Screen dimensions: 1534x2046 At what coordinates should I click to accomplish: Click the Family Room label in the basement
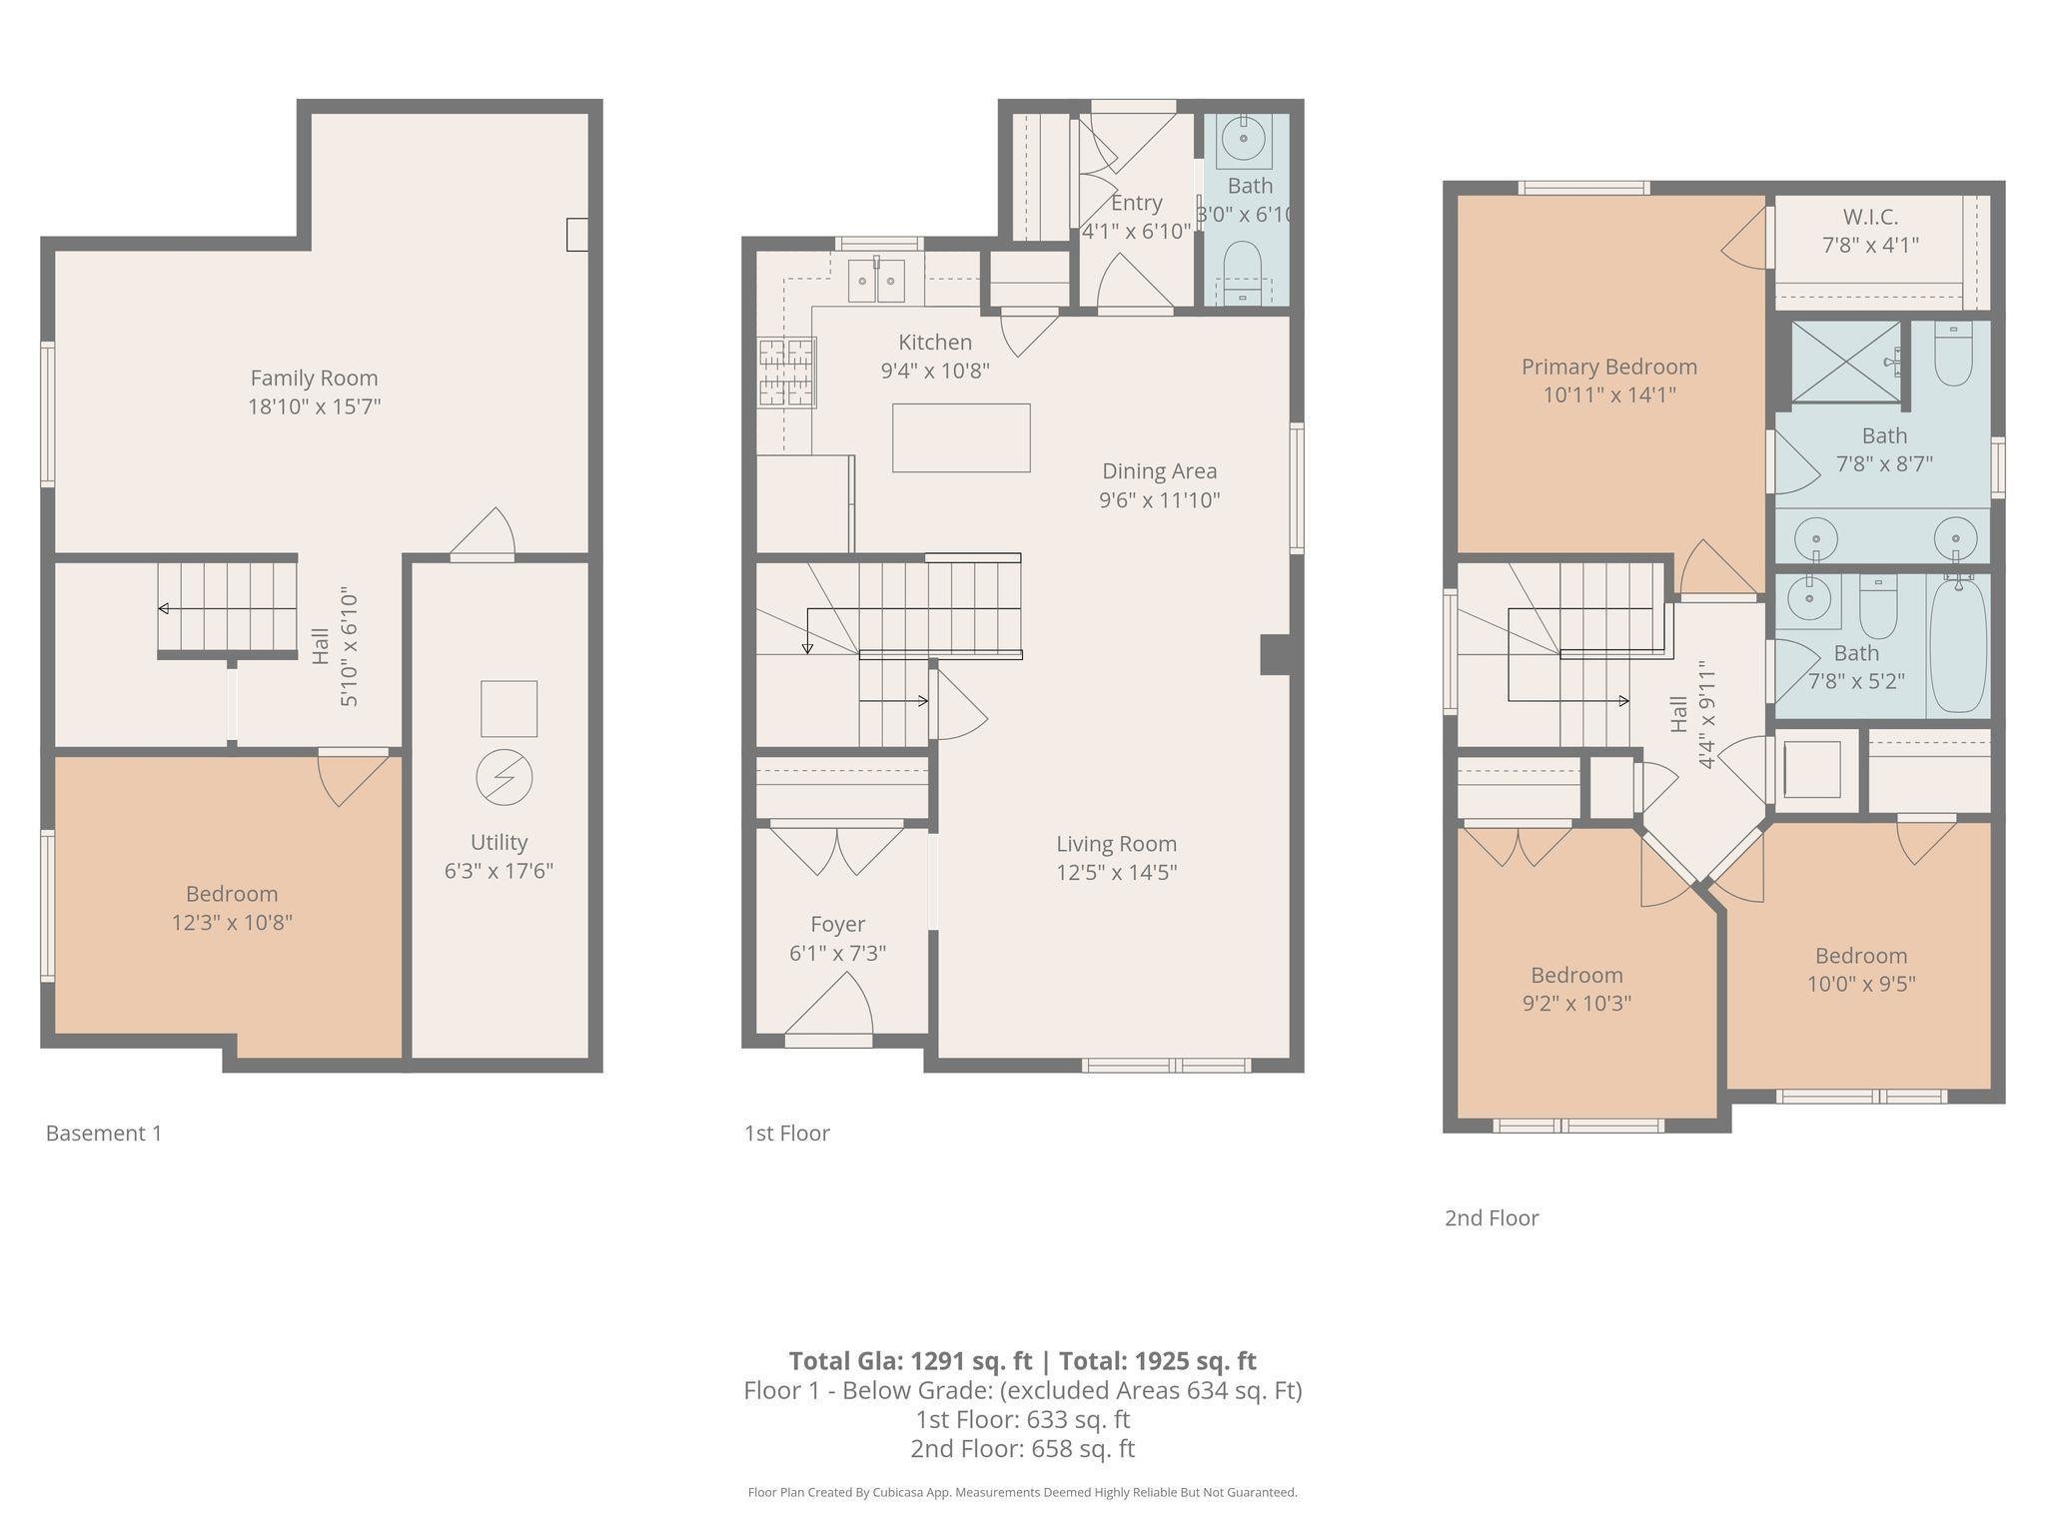pos(314,379)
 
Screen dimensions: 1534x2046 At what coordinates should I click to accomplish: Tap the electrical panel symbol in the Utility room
pos(504,777)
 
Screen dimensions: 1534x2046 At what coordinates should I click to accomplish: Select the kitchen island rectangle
pos(961,437)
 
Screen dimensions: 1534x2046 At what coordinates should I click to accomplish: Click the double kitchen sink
pos(876,281)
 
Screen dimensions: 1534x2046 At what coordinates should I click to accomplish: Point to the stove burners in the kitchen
pos(786,373)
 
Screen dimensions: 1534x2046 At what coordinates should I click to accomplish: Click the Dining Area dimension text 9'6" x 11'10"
pos(1159,500)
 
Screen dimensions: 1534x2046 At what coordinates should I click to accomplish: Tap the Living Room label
pos(1116,844)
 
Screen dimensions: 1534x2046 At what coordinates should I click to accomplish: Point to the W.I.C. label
pos(1870,217)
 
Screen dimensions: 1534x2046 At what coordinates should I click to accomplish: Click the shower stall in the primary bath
pos(1845,362)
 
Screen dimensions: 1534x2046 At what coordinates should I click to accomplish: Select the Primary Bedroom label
pos(1608,367)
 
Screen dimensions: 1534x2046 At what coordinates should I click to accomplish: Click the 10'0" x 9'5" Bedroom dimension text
pos(1860,984)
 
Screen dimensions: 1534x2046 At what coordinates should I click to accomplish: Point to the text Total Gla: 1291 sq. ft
pos(909,1361)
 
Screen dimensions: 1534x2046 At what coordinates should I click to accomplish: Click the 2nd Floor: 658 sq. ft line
pos(1022,1448)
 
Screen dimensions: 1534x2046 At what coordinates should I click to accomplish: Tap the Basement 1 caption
pos(104,1133)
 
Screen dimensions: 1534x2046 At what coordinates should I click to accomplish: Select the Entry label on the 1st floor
pos(1136,203)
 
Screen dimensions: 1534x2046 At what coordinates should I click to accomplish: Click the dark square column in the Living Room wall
pos(1275,655)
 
